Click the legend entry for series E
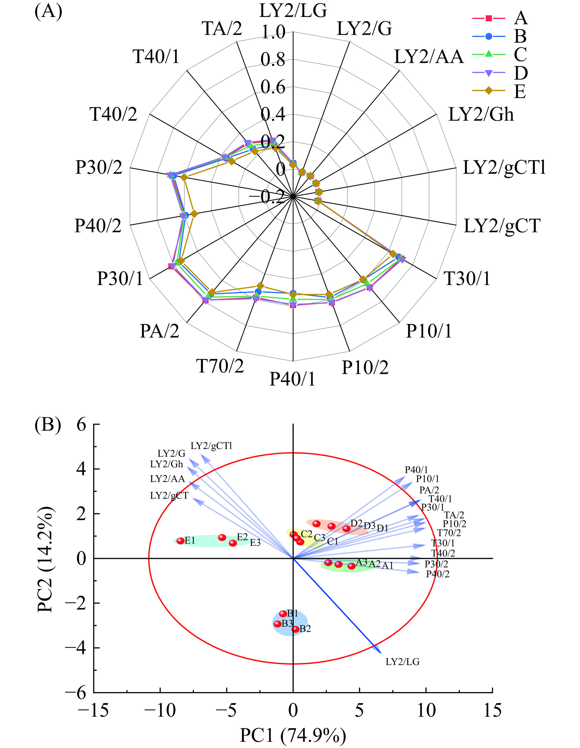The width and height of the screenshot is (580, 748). (520, 92)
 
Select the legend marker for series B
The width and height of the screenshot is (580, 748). (489, 36)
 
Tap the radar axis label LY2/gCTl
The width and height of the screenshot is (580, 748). (504, 168)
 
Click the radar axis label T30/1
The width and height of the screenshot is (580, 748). (467, 278)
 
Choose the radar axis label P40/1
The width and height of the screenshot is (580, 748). (292, 379)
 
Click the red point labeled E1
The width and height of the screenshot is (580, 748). (180, 541)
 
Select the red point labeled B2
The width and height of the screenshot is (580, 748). (296, 629)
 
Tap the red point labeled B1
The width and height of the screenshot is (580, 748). (283, 614)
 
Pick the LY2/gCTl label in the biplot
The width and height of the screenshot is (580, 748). (211, 446)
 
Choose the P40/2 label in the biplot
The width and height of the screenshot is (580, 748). (438, 574)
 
